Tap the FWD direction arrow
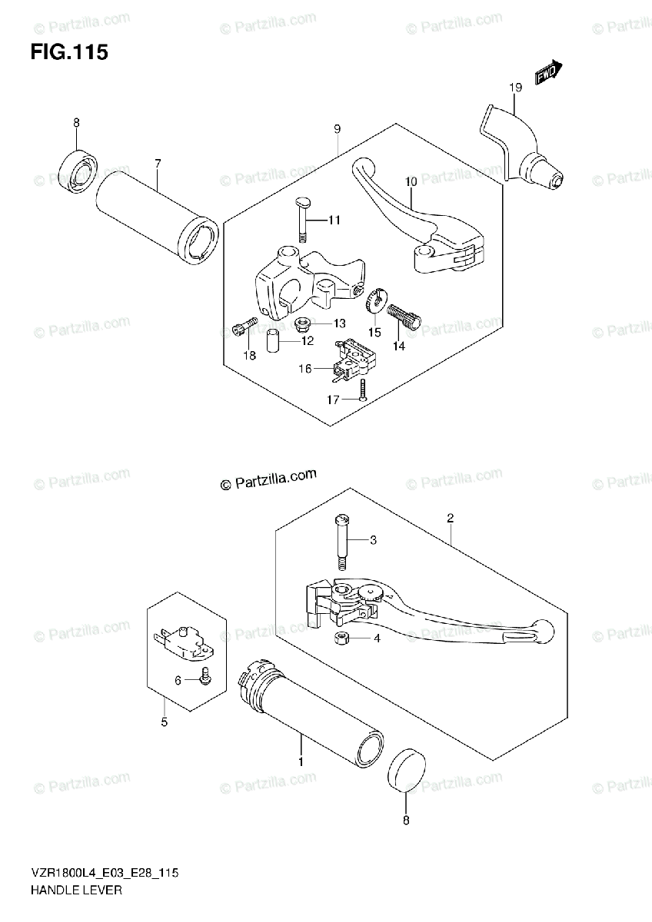pos(548,73)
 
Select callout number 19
pos(514,88)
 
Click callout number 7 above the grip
pos(157,163)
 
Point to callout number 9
pos(337,129)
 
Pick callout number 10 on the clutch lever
pos(411,181)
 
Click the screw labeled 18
pos(238,329)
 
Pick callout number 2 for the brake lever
pos(449,519)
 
